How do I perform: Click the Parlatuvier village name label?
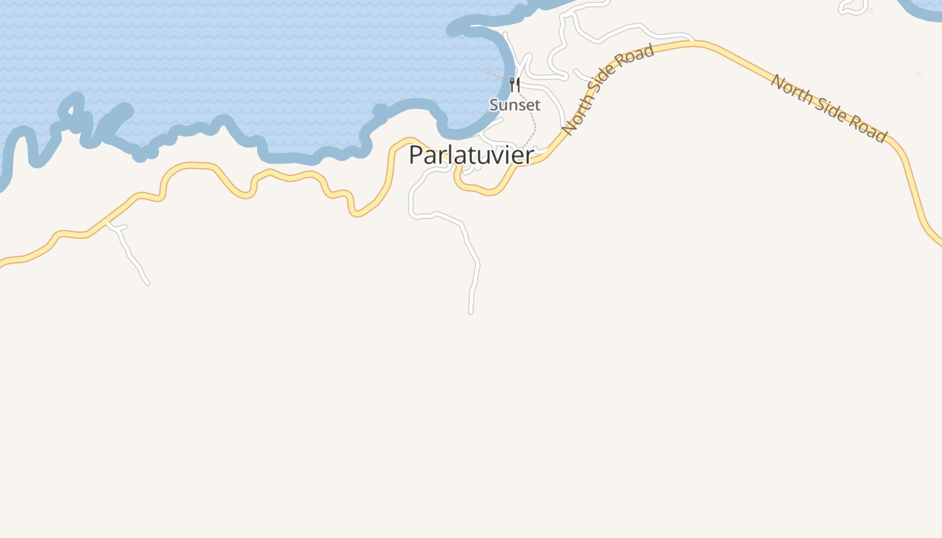(471, 155)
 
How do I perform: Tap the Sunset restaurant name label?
(515, 105)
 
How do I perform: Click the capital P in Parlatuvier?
(417, 155)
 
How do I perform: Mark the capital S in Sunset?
(495, 105)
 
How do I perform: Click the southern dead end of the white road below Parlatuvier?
(471, 311)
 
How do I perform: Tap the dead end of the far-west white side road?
(147, 283)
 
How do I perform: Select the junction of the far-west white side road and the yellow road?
(108, 222)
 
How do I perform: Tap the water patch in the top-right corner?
(929, 5)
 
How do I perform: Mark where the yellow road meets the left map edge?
(2, 263)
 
